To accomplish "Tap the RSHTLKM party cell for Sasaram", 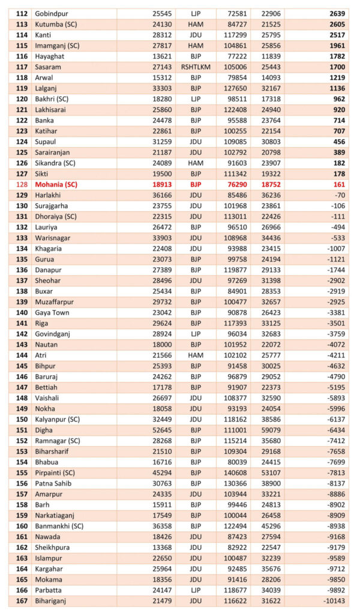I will click(195, 67).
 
